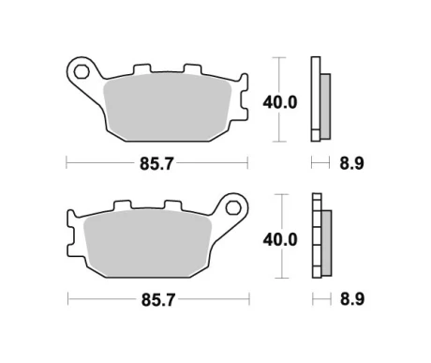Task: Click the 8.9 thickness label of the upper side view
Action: tap(352, 163)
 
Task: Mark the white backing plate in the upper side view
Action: tap(314, 99)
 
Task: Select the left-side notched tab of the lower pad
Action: tap(72, 230)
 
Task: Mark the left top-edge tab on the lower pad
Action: tap(121, 205)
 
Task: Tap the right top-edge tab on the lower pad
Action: tap(171, 205)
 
